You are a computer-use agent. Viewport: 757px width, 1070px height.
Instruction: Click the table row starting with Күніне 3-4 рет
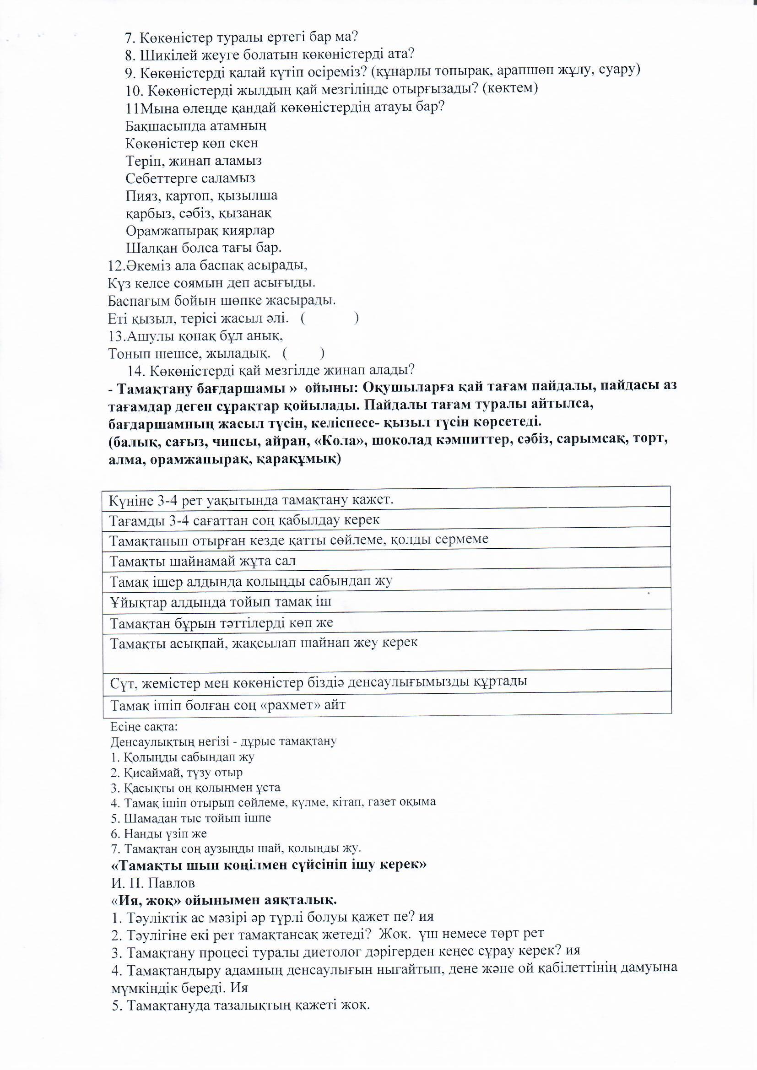coord(386,501)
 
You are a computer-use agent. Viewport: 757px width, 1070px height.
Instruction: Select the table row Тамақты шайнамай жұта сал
coord(386,561)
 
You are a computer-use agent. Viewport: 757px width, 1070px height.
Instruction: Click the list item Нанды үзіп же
coord(159,834)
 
